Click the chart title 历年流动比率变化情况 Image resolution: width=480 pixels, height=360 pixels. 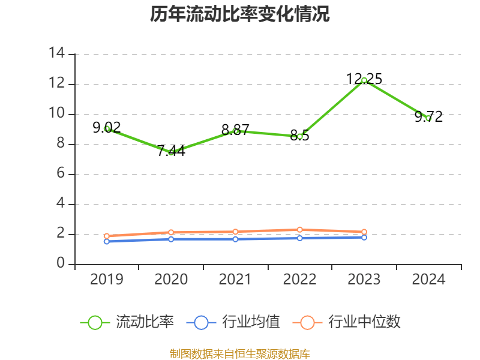point(240,14)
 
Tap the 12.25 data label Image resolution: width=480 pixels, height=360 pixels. point(364,79)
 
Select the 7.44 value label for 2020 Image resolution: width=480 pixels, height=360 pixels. point(171,151)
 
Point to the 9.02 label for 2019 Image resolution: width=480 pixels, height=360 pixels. point(106,127)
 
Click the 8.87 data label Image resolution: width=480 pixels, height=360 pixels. point(235,130)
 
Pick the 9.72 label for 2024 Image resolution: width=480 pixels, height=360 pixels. point(429,116)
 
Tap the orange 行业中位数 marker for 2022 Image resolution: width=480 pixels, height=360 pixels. point(300,230)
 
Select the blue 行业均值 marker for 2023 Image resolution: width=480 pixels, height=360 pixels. point(364,238)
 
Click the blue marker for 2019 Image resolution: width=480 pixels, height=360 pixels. point(106,241)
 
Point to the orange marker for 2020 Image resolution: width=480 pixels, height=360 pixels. point(171,232)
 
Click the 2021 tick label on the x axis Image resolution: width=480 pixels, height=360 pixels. point(235,280)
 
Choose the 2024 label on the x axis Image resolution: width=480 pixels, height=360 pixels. point(429,280)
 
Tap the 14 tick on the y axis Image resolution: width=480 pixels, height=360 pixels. point(57,54)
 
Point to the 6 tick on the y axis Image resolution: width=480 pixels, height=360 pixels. point(61,174)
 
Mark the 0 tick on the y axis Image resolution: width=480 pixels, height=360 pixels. point(61,264)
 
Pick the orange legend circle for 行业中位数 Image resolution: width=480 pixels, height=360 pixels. point(307,322)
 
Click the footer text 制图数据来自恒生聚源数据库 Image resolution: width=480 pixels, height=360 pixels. point(240,354)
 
